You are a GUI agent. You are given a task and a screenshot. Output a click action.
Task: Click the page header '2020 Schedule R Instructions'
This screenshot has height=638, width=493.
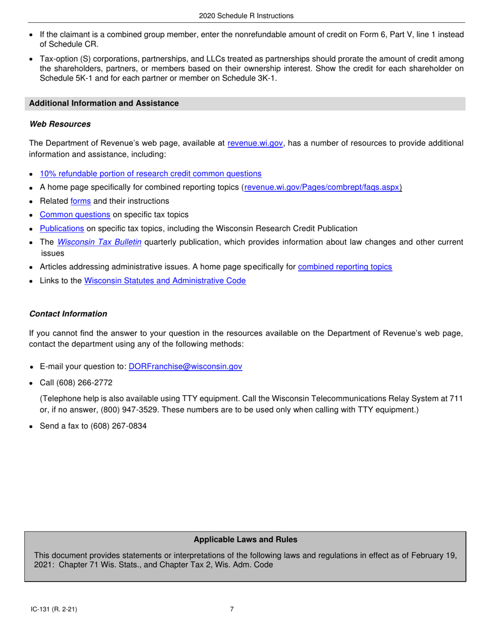pyautogui.click(x=246, y=16)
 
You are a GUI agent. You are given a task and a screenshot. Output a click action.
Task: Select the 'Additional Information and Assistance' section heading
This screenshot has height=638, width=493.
pyautogui.click(x=104, y=103)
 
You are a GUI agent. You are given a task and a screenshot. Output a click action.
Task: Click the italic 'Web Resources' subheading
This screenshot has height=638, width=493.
pyautogui.click(x=60, y=124)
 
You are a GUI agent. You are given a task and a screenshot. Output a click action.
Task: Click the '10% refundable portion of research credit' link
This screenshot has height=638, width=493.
pyautogui.click(x=150, y=174)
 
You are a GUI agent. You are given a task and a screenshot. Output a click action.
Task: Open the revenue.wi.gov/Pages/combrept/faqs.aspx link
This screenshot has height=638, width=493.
pyautogui.click(x=323, y=187)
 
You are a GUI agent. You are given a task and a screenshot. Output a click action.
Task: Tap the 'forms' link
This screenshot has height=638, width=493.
pyautogui.click(x=80, y=201)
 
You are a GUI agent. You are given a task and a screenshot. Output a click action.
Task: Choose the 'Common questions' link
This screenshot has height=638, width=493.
pyautogui.click(x=75, y=214)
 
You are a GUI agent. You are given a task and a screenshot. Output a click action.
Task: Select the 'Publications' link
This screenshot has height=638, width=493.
pyautogui.click(x=62, y=228)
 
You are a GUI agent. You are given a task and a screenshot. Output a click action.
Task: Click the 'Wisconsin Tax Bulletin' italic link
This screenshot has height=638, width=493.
pyautogui.click(x=99, y=242)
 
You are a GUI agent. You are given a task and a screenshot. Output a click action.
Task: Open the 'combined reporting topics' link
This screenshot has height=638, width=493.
pyautogui.click(x=345, y=267)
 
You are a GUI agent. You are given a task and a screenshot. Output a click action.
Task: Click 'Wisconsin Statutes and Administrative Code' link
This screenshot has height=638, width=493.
pyautogui.click(x=165, y=281)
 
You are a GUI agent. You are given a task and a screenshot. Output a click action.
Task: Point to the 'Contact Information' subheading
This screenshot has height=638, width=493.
pyautogui.click(x=69, y=314)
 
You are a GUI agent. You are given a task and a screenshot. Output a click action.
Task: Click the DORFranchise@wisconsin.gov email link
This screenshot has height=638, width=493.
pyautogui.click(x=185, y=366)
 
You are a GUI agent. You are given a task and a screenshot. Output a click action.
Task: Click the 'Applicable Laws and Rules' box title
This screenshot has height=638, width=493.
pyautogui.click(x=245, y=539)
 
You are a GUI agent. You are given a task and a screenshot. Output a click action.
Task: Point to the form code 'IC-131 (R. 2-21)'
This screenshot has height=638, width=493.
pyautogui.click(x=54, y=610)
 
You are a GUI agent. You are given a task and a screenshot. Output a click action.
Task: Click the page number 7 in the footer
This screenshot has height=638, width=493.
pyautogui.click(x=232, y=610)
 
